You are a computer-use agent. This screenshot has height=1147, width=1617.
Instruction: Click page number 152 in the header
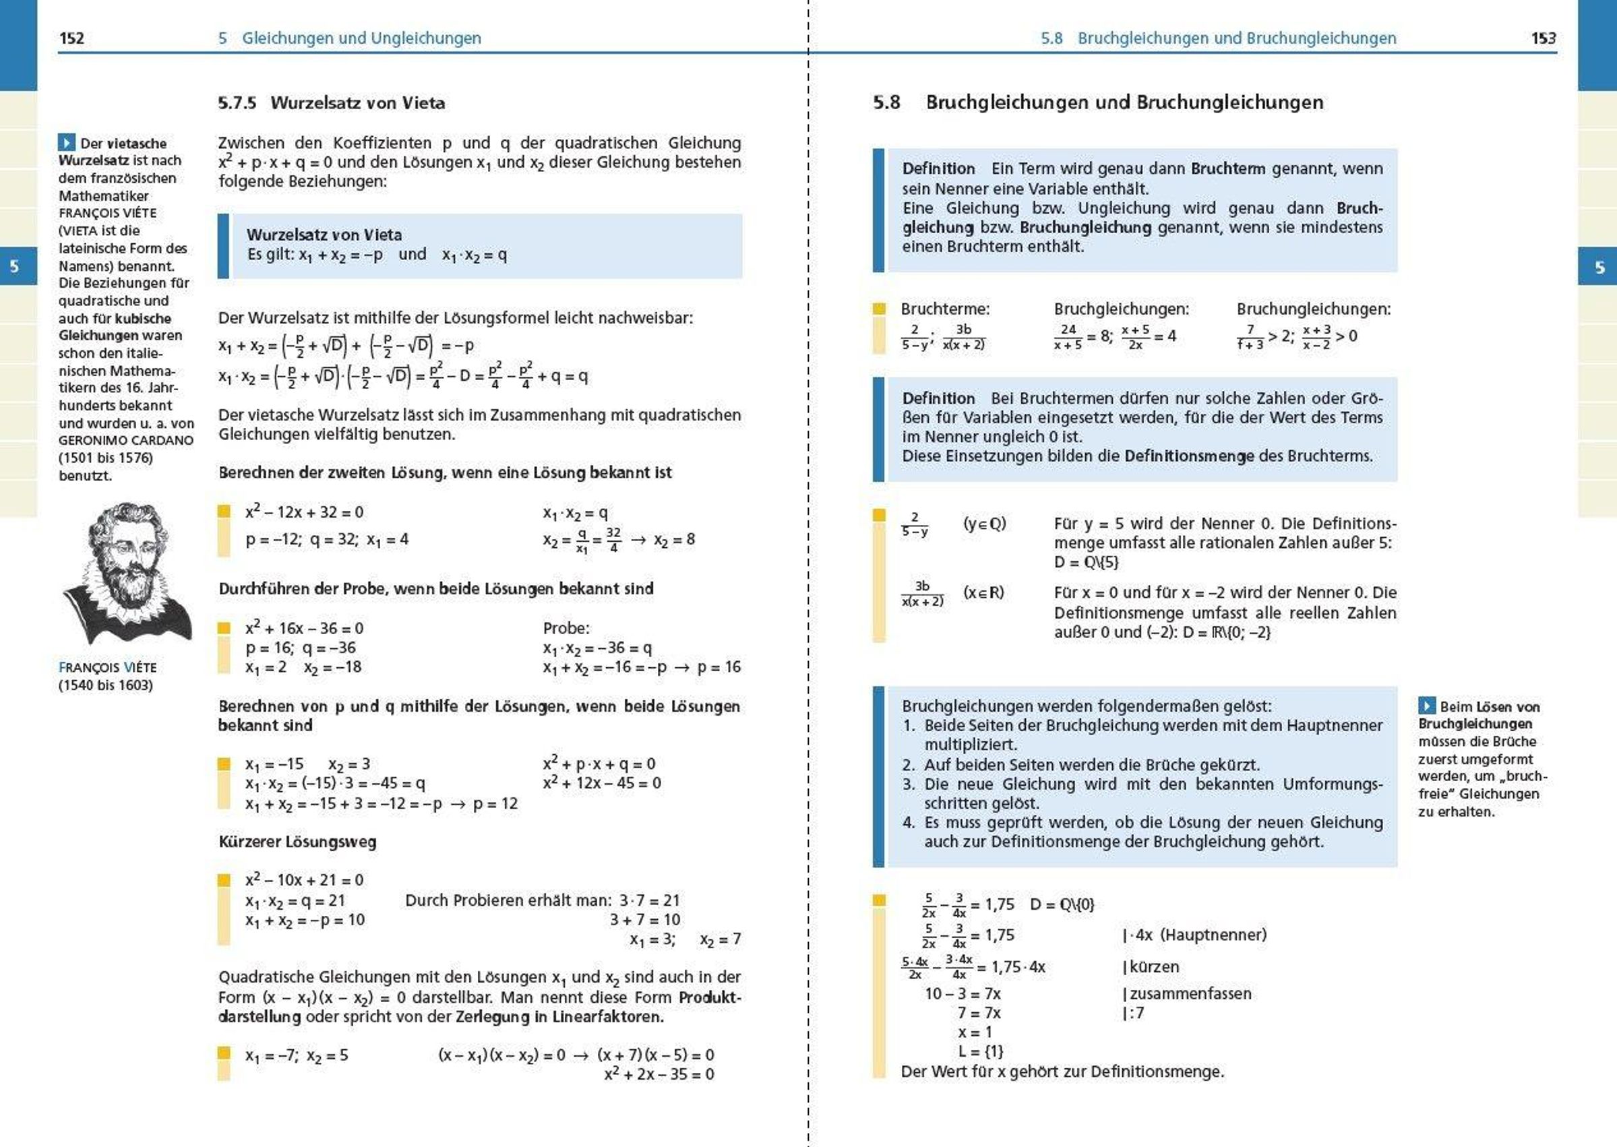tap(72, 38)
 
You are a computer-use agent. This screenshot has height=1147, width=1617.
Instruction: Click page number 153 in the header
tap(1544, 38)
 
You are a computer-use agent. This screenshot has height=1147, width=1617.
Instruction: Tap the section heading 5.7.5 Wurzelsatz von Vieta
tap(332, 103)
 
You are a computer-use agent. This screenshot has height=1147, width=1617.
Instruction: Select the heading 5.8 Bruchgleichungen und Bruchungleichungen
tap(1098, 102)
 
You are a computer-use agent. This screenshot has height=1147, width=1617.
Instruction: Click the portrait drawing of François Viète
tap(127, 572)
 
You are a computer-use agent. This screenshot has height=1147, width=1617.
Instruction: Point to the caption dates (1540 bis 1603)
tap(105, 685)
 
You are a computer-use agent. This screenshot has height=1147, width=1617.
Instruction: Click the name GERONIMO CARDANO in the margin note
tap(126, 440)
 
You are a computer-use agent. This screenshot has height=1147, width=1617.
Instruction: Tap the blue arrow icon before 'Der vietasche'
tap(67, 143)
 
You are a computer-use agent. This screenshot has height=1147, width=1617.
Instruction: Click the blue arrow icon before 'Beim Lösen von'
tap(1426, 706)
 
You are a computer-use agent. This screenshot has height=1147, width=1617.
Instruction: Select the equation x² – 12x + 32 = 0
tap(305, 512)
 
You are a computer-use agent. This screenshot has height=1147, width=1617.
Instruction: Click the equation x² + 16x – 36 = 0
tap(305, 628)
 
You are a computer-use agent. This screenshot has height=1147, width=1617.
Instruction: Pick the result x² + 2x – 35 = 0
tap(659, 1074)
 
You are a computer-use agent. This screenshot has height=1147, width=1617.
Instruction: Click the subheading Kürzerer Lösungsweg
tap(297, 842)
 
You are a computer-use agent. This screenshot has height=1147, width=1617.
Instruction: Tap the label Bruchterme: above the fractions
tap(944, 309)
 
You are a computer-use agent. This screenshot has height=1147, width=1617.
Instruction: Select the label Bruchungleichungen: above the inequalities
tap(1313, 309)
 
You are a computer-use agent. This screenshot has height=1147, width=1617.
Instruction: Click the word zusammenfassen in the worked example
tap(1190, 994)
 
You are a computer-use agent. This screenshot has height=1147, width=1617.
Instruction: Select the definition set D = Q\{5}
tap(1087, 562)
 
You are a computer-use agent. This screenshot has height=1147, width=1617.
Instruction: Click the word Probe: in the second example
tap(566, 628)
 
